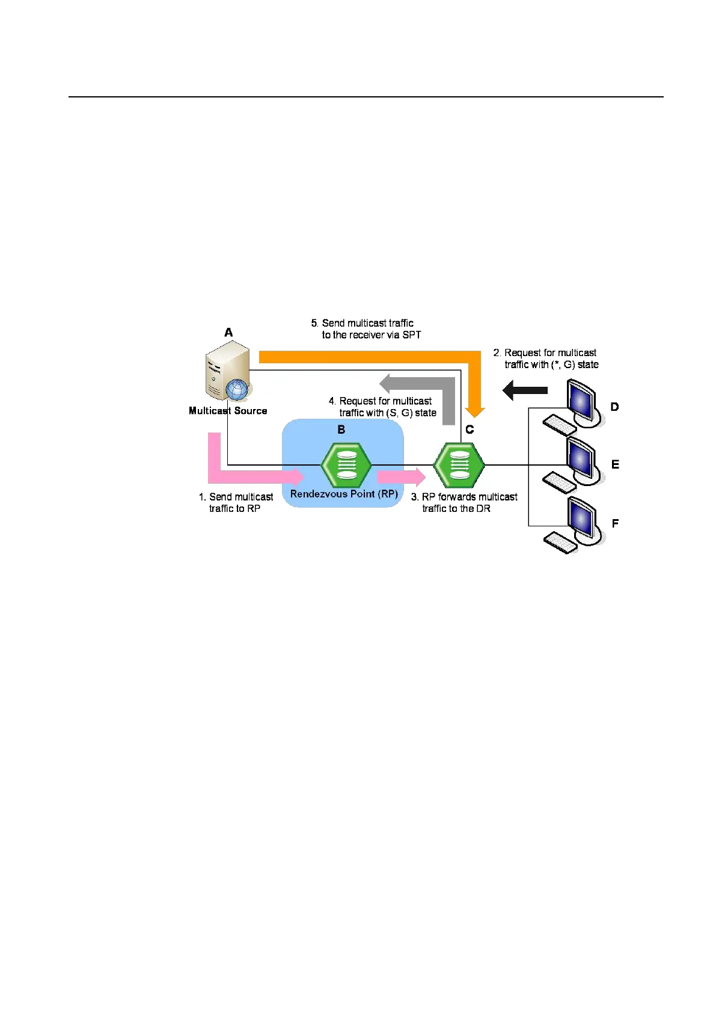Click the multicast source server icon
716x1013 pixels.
click(227, 369)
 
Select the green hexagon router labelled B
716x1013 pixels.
click(346, 465)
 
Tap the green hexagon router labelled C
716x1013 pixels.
click(459, 465)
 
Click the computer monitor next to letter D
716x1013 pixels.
click(581, 401)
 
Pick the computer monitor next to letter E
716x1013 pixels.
click(581, 460)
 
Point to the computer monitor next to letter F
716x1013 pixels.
click(581, 519)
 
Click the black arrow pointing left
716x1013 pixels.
click(525, 390)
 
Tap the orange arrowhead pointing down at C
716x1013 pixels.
click(475, 411)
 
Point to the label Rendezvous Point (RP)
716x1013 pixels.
click(344, 494)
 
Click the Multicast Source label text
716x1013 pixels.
click(228, 411)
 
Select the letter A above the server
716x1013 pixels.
click(228, 332)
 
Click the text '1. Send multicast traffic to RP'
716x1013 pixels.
click(236, 502)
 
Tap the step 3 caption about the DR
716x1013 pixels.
click(464, 502)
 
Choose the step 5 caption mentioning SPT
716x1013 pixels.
click(366, 329)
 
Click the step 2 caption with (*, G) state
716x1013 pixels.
click(545, 359)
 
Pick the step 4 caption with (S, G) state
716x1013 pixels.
click(383, 407)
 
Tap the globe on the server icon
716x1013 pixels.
click(237, 390)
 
